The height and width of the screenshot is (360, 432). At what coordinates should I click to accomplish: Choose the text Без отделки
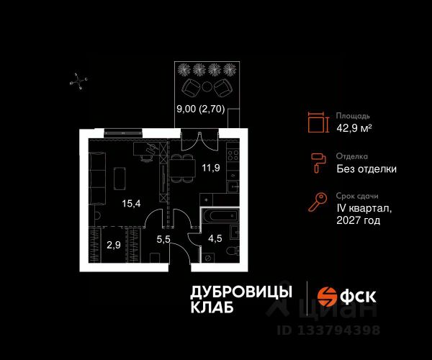tap(366, 169)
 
